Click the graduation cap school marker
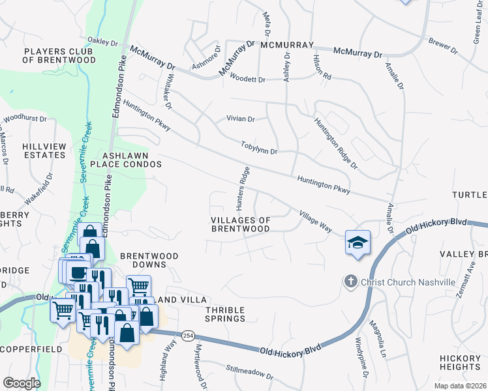[358, 242]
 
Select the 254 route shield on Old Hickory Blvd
[189, 334]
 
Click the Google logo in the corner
[22, 383]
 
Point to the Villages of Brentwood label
[241, 224]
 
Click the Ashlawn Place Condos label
[130, 160]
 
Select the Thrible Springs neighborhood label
[225, 314]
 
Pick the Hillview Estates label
[44, 151]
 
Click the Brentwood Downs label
[149, 261]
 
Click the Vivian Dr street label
[240, 119]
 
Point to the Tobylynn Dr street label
[259, 148]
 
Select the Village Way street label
[316, 221]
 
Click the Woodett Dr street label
[247, 80]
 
